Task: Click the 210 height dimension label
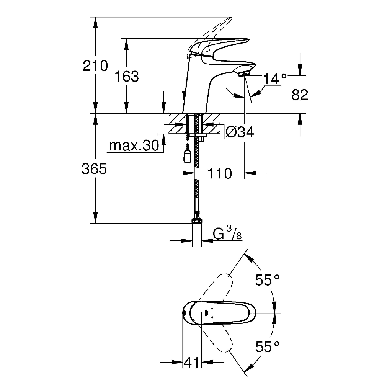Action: [x=95, y=66]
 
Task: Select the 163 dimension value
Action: [x=126, y=77]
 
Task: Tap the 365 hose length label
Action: [x=94, y=169]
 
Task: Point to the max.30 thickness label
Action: [x=134, y=145]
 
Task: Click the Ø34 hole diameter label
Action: [x=240, y=132]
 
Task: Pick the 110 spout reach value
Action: [x=220, y=173]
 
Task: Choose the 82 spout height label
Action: [x=300, y=95]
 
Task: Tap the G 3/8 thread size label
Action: [x=227, y=233]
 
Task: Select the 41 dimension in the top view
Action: [x=191, y=362]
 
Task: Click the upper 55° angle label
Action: [x=267, y=280]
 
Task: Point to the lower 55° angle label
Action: [x=267, y=347]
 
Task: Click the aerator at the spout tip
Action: [x=244, y=74]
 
